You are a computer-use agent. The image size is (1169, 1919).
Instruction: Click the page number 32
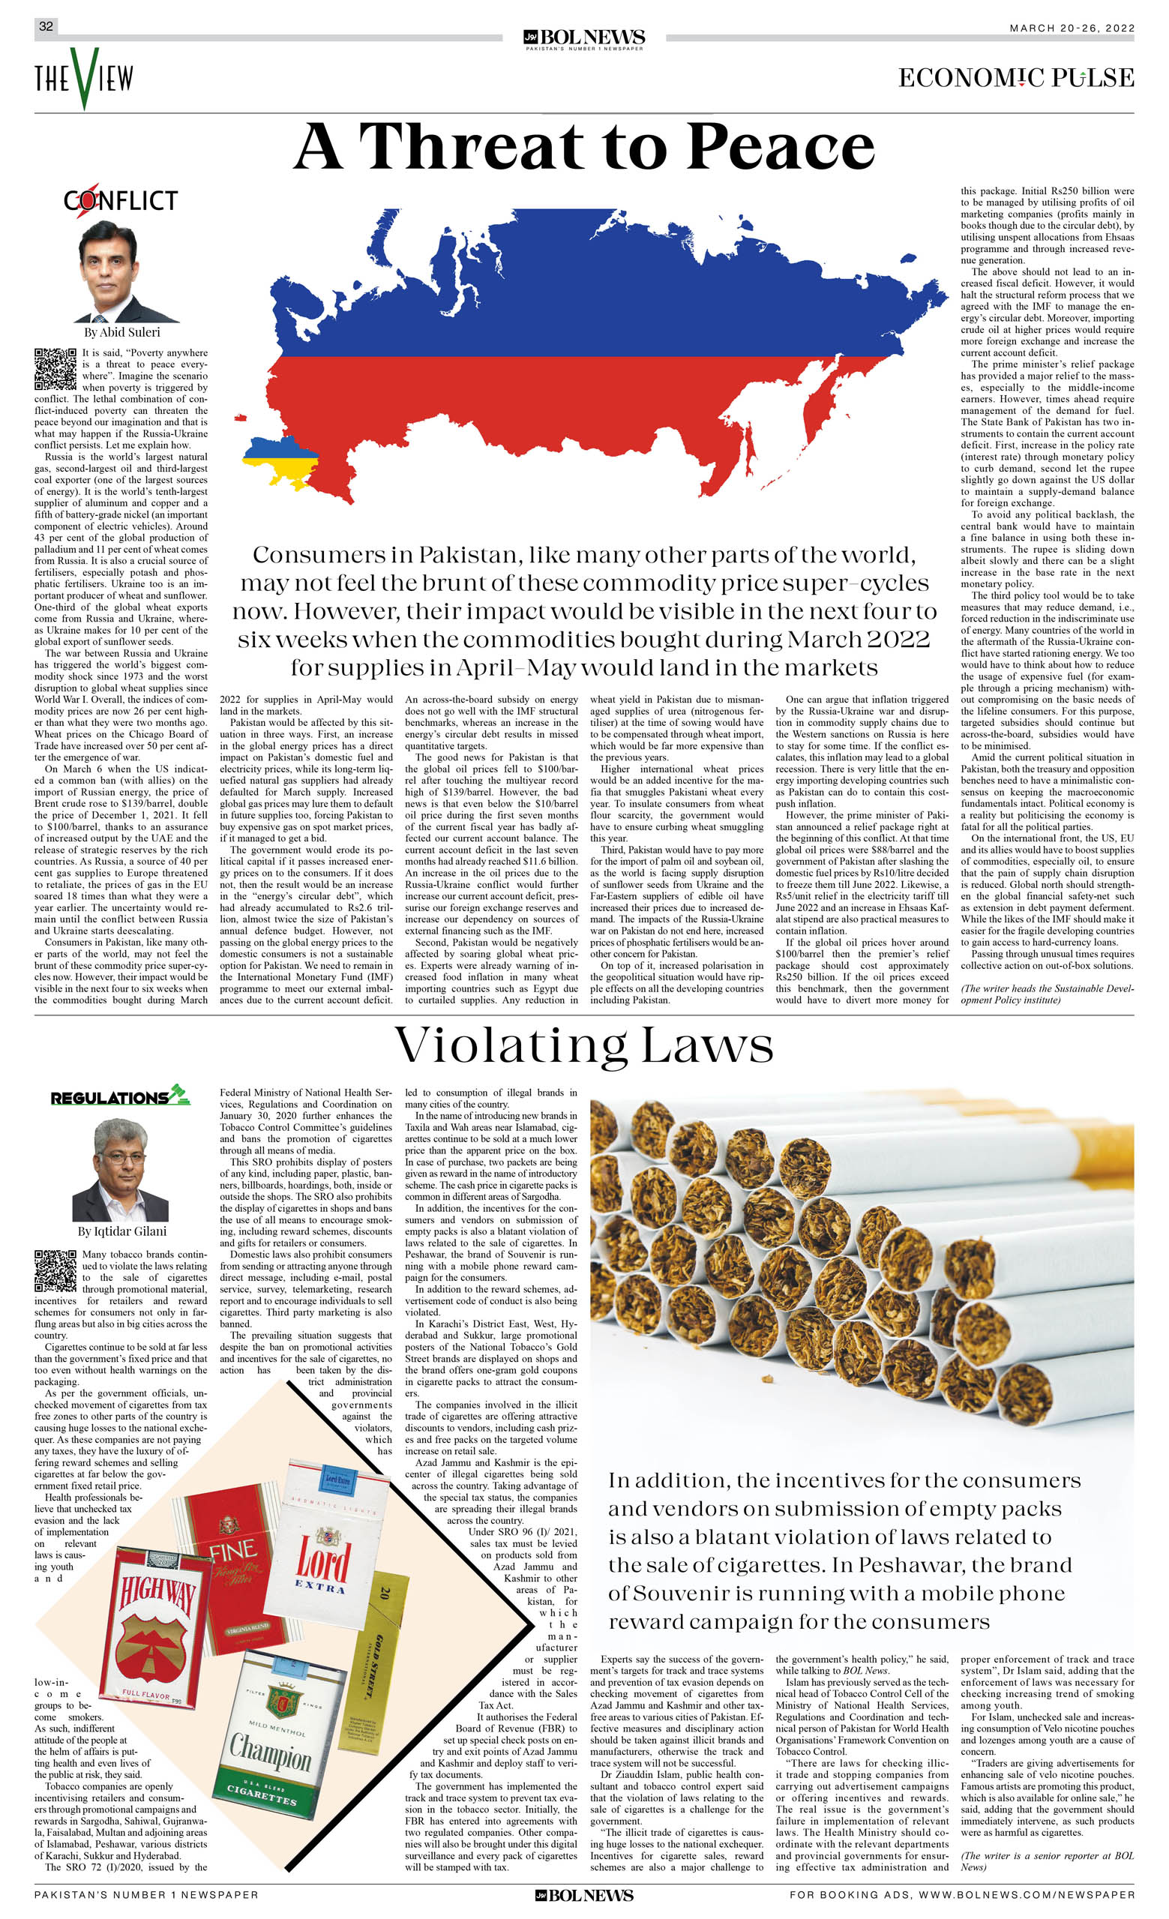click(46, 26)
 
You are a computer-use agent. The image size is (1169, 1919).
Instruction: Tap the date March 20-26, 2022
click(1072, 28)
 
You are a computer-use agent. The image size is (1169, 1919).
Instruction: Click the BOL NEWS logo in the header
click(584, 38)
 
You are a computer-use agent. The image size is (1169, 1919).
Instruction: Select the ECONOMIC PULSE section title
click(1015, 78)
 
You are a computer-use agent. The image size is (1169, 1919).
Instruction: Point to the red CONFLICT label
click(121, 200)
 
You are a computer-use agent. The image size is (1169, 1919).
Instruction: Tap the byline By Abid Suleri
click(121, 332)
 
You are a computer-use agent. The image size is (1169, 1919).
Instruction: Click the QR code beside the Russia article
click(55, 369)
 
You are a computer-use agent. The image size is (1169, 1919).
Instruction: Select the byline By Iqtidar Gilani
click(121, 1231)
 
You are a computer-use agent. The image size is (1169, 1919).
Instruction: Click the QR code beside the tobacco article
click(55, 1271)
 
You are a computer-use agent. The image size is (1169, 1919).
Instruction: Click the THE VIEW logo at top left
click(83, 78)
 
